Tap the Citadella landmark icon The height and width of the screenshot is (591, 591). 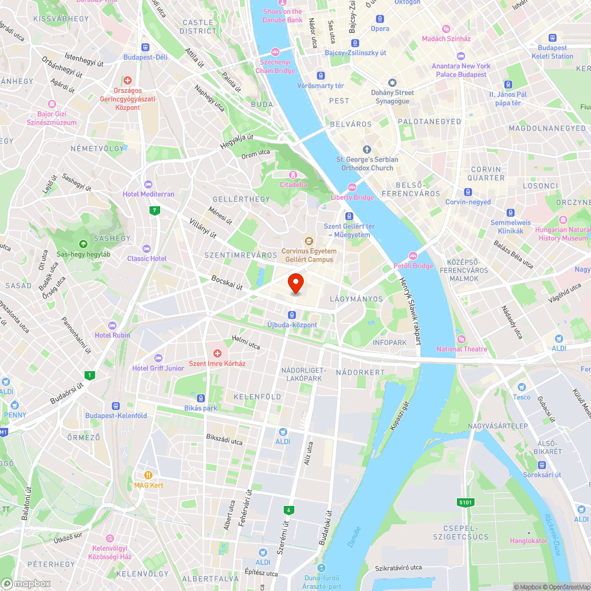(x=293, y=174)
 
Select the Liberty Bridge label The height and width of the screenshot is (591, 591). (x=352, y=197)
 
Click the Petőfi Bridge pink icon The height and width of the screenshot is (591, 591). (x=413, y=255)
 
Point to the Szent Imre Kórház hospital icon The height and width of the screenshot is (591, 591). (x=217, y=353)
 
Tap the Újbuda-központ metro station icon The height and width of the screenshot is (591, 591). (x=292, y=314)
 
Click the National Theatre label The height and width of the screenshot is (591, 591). (x=462, y=349)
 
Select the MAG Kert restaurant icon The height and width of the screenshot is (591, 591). (x=148, y=475)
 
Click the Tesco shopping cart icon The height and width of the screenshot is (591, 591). (x=521, y=387)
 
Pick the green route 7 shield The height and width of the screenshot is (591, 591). (x=154, y=210)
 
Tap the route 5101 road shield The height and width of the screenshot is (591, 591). (x=465, y=502)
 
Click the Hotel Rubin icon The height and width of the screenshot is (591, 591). (x=112, y=325)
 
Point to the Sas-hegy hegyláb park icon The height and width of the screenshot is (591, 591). (x=83, y=243)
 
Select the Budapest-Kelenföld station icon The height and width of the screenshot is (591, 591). (x=115, y=406)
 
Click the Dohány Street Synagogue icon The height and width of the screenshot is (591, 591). (x=392, y=83)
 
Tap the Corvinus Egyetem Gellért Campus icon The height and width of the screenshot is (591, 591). (x=308, y=241)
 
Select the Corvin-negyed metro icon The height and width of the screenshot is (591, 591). (x=467, y=192)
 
